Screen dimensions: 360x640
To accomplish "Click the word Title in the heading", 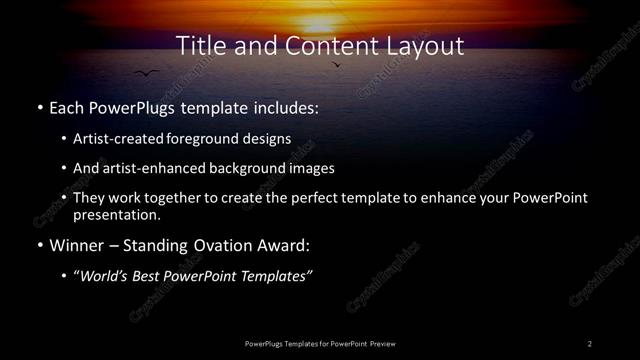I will (x=198, y=46).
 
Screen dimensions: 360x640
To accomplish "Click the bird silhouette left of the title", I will (x=147, y=72).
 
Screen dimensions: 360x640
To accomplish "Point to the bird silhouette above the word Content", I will (x=335, y=65).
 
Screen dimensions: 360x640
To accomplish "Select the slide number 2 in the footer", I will (x=590, y=343).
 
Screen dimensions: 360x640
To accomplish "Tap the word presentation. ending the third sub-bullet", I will (x=116, y=214).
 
